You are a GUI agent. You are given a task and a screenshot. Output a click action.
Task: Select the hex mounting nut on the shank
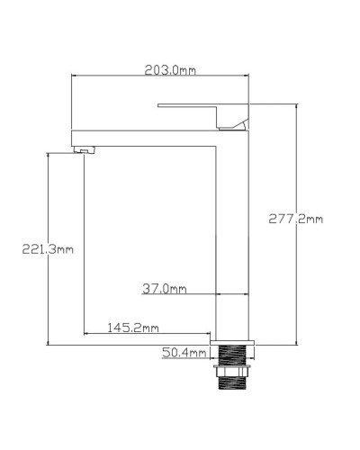(x=233, y=368)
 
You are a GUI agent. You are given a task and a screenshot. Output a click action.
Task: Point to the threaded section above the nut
(x=233, y=354)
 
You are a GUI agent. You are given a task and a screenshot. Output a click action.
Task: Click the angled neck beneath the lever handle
(x=236, y=123)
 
